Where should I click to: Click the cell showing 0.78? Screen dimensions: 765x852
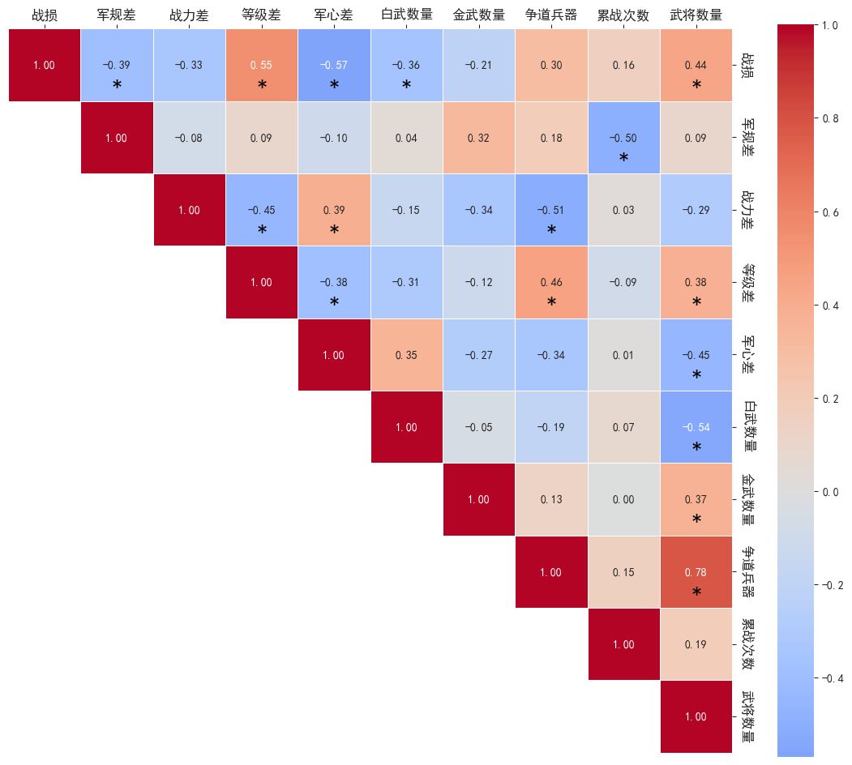[696, 572]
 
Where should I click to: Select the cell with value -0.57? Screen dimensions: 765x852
[333, 65]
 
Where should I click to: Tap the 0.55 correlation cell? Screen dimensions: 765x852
[261, 65]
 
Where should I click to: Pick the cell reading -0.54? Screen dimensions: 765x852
[696, 427]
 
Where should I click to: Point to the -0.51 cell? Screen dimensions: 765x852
[550, 210]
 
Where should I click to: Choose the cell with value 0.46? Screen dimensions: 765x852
[550, 282]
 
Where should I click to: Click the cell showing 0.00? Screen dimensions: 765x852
[623, 499]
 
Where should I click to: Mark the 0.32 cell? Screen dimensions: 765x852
[478, 138]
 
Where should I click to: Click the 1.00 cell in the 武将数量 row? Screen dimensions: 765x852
[696, 716]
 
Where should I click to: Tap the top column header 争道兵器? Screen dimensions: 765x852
[550, 15]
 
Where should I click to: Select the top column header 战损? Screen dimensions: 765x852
[44, 15]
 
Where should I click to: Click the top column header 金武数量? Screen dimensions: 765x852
[478, 15]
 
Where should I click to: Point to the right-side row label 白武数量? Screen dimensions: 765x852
[748, 427]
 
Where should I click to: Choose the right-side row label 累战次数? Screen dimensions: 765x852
[748, 644]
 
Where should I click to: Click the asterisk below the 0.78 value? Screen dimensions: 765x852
[696, 593]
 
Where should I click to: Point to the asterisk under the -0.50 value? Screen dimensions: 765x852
[623, 159]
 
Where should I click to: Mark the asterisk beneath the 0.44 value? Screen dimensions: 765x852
[696, 86]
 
